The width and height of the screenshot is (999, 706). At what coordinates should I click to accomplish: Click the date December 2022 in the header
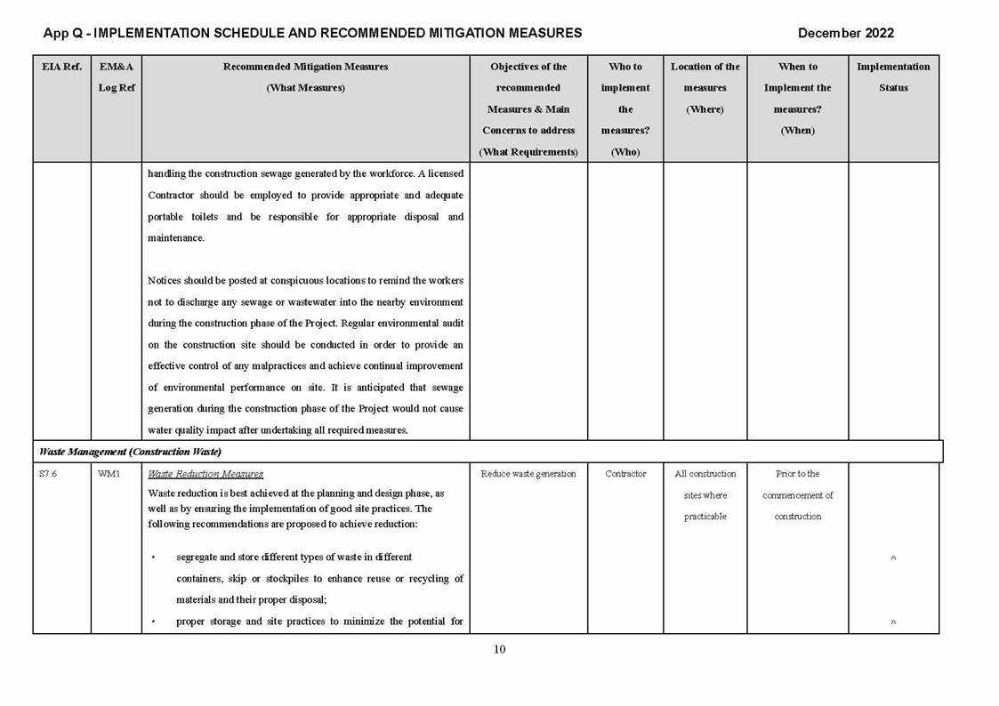(x=845, y=33)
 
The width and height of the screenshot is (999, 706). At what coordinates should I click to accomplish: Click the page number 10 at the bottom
(x=499, y=649)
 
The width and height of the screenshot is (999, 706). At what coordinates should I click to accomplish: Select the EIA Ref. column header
(x=61, y=67)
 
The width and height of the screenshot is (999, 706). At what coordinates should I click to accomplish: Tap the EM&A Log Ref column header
(x=116, y=77)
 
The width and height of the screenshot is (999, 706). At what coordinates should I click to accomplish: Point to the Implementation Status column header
(x=893, y=77)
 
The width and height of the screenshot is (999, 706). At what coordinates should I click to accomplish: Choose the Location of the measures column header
(x=705, y=87)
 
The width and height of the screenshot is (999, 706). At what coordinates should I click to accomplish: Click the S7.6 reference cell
(x=49, y=474)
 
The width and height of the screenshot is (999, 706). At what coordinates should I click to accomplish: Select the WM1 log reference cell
(x=107, y=474)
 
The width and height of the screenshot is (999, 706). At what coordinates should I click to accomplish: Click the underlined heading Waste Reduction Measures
(x=205, y=474)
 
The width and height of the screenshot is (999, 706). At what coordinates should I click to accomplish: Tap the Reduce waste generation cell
(x=528, y=474)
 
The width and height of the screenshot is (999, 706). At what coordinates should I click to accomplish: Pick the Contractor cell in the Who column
(x=625, y=474)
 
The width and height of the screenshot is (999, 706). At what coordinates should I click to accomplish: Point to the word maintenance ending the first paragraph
(x=176, y=238)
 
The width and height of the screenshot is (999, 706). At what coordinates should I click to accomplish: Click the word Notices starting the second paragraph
(x=165, y=281)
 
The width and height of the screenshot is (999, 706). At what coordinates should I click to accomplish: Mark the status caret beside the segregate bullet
(x=893, y=558)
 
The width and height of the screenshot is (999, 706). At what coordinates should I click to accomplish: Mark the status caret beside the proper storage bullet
(x=893, y=622)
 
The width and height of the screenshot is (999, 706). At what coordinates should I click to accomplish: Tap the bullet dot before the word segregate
(x=153, y=558)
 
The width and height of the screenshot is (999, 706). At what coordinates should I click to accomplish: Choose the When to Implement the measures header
(x=797, y=98)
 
